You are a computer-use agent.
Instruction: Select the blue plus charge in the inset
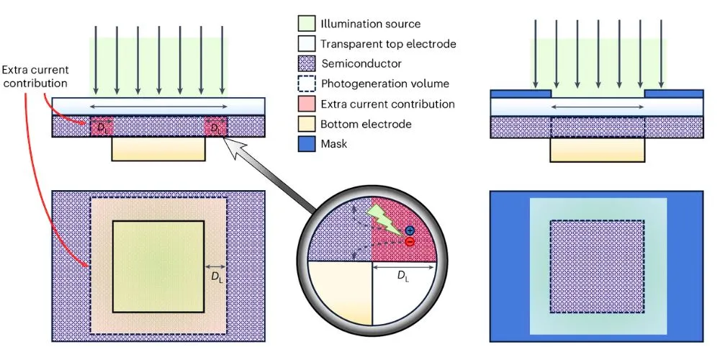point(410,230)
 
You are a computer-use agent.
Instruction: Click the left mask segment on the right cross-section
point(521,94)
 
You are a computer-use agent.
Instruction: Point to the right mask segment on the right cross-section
point(674,94)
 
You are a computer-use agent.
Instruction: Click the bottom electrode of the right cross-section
point(597,149)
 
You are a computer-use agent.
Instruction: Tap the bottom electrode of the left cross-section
point(159,149)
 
